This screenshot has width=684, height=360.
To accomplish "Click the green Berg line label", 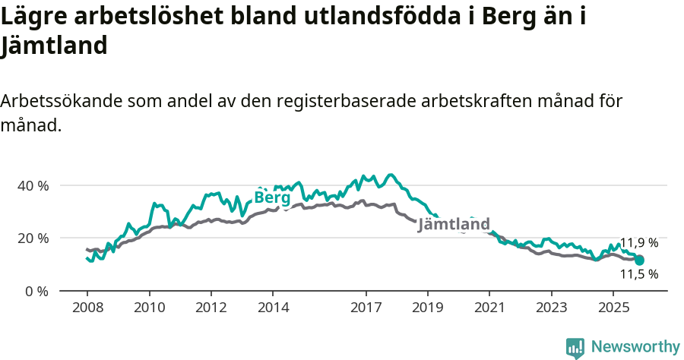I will tap(272, 197).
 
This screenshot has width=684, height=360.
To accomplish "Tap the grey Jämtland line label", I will tap(454, 225).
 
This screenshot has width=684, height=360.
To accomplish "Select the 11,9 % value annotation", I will tap(638, 243).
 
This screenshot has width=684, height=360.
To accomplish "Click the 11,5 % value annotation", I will tap(638, 274).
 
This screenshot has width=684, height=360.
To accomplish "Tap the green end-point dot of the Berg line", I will tap(639, 261).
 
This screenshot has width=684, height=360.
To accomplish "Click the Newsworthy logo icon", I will tap(575, 348).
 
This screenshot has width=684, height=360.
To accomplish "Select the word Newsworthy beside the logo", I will tap(635, 347).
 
